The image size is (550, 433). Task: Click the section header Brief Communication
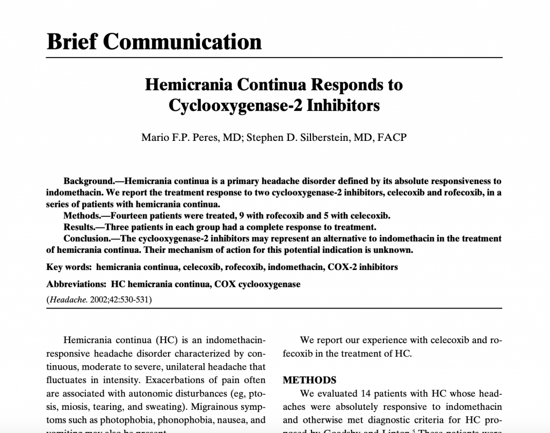tap(154, 41)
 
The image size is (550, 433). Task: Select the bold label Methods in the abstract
tap(81, 216)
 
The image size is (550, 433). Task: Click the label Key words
tap(69, 267)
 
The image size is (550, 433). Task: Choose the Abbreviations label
tap(76, 284)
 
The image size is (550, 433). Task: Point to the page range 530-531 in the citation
tap(135, 300)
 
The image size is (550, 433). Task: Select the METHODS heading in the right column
tap(309, 380)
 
